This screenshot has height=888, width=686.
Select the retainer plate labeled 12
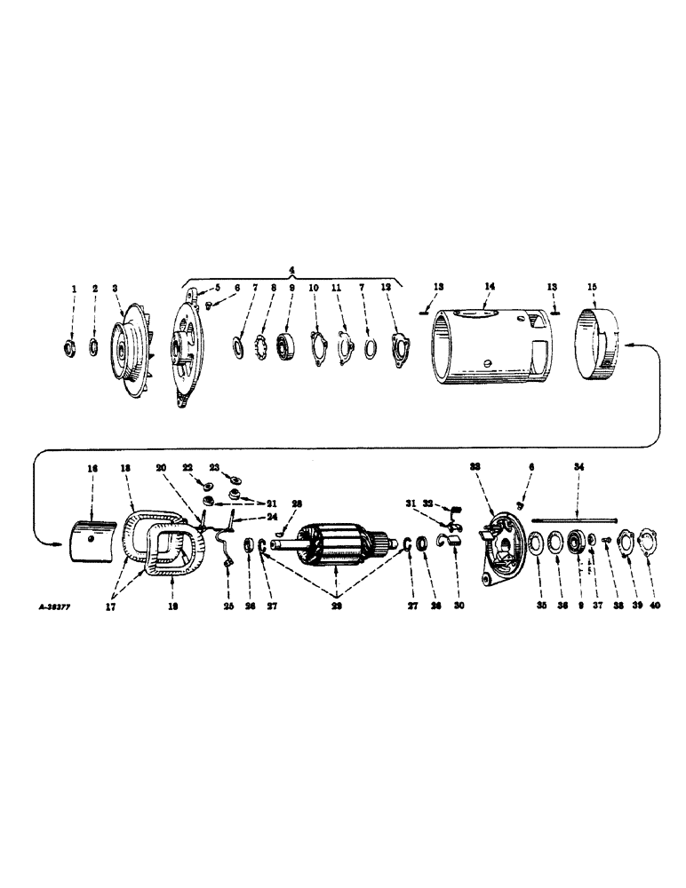(396, 343)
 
